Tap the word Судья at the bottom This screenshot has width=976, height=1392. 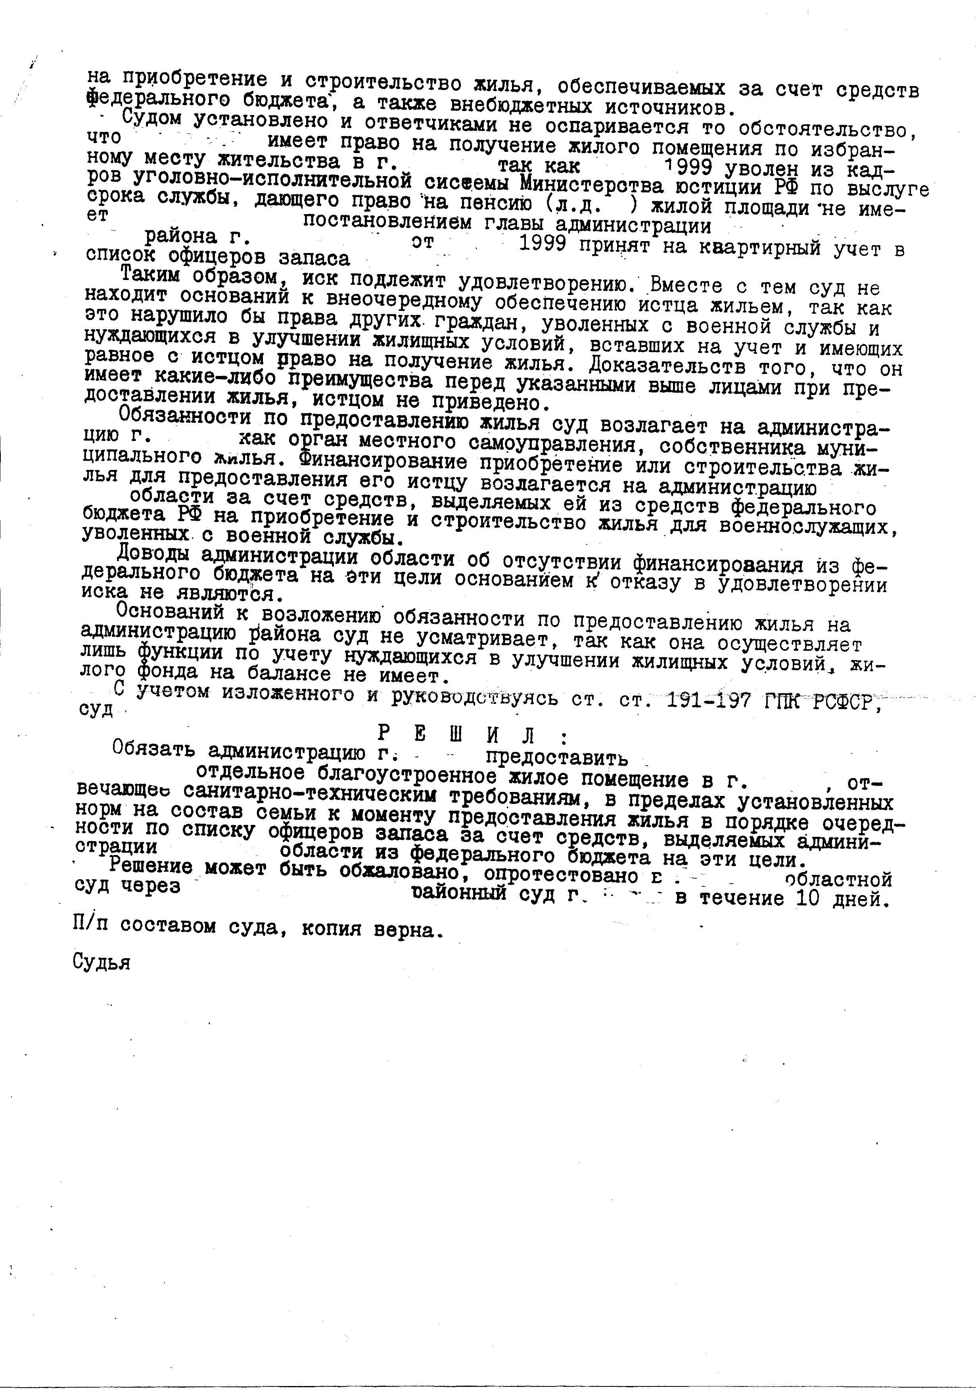(101, 962)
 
